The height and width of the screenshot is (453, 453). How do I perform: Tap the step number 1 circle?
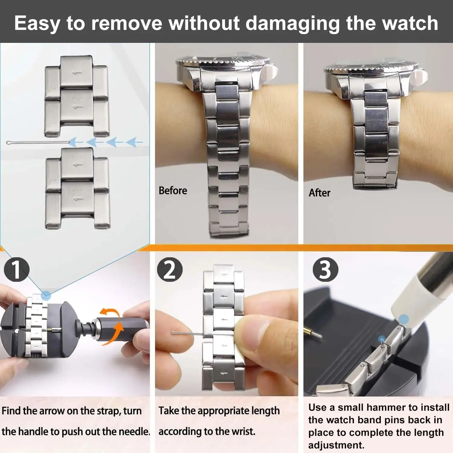coord(17,269)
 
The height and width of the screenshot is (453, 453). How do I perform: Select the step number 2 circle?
coord(170,269)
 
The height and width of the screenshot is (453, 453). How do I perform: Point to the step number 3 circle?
coord(325,269)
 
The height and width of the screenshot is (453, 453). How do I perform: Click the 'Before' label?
coord(173,191)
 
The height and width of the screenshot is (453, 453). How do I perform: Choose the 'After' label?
coord(320,193)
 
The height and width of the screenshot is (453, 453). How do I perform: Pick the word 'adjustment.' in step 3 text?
coord(336,445)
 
